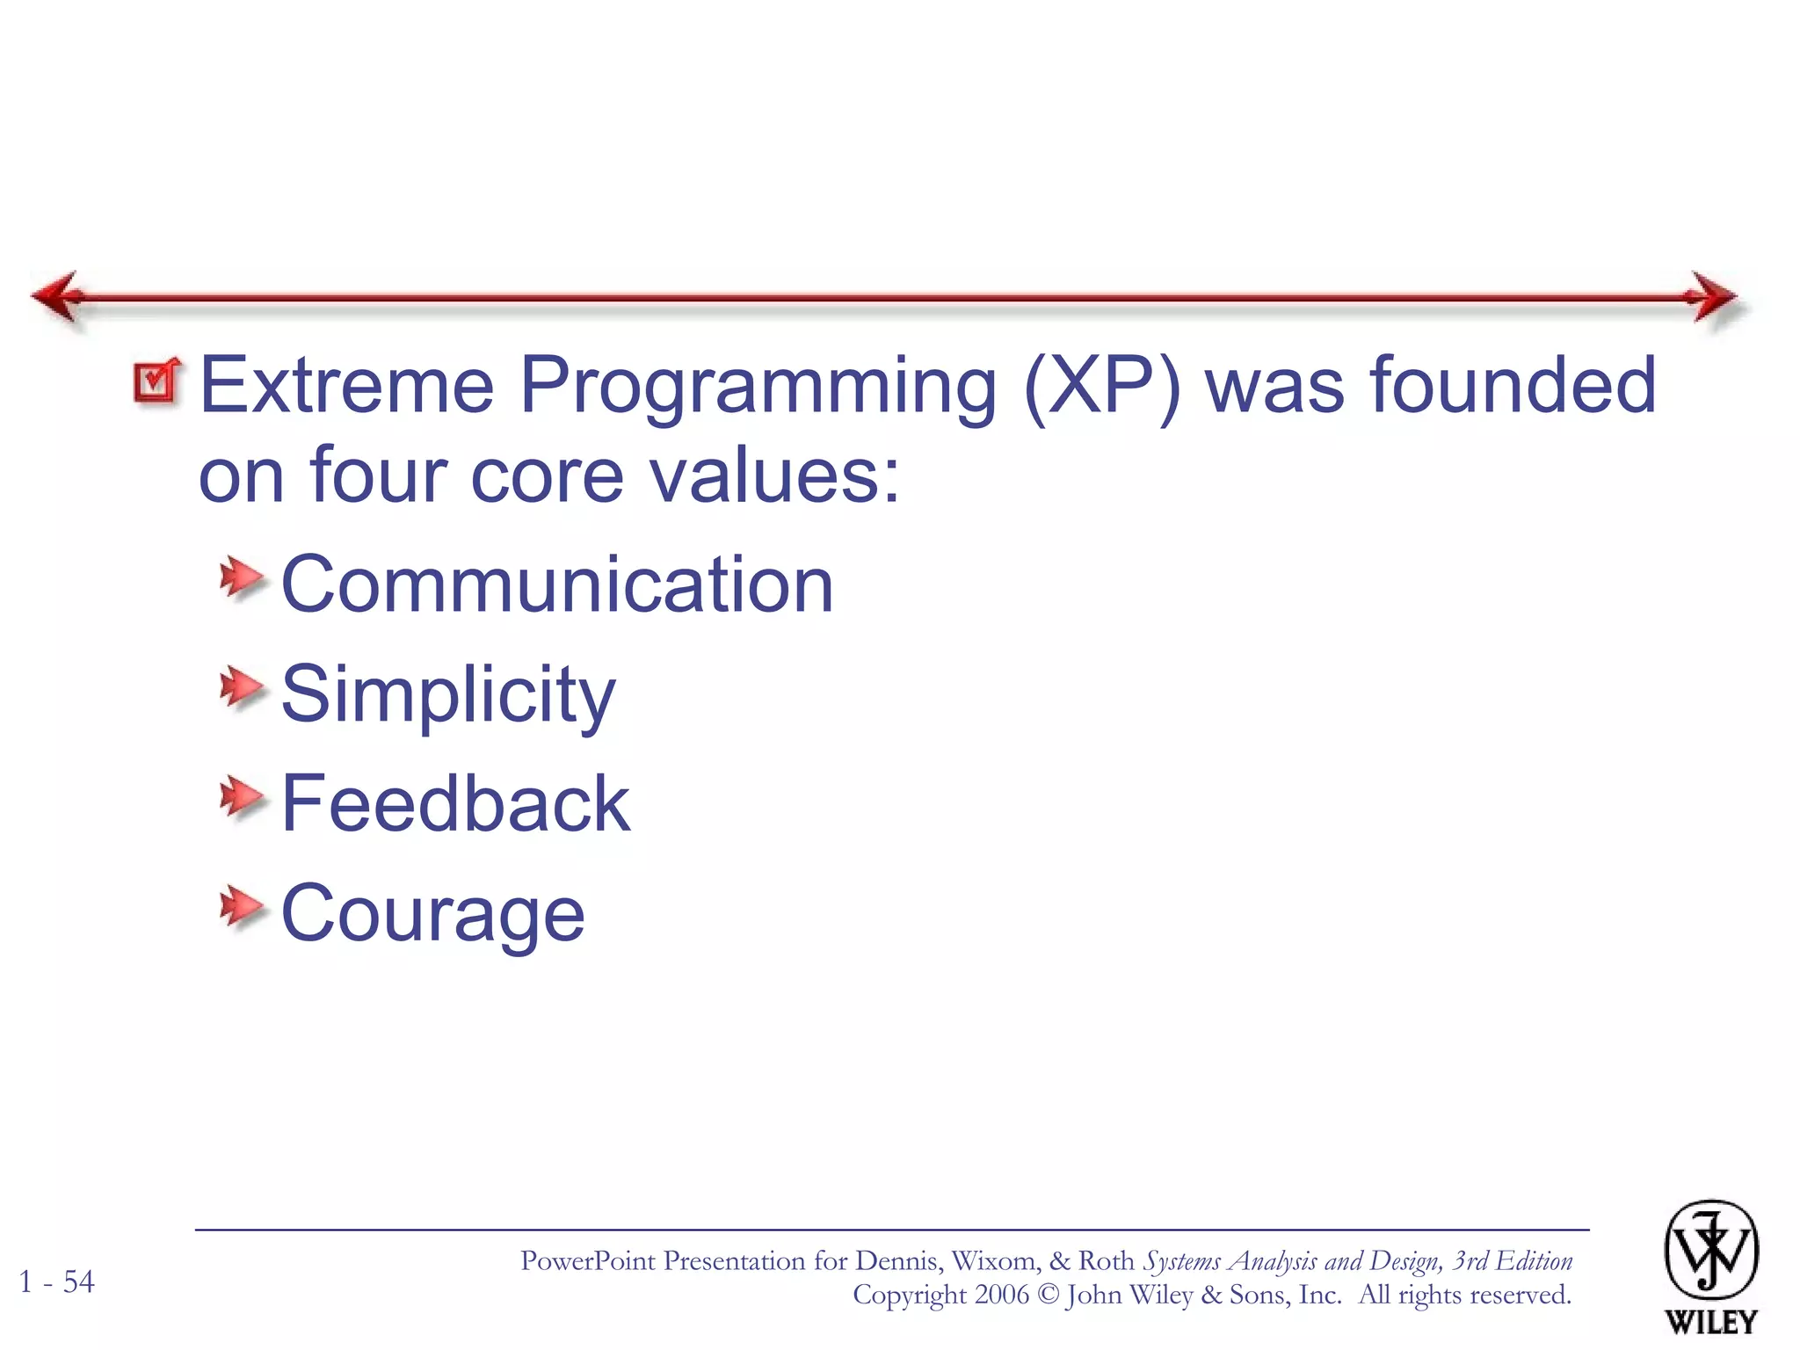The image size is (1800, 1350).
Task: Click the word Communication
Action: [x=556, y=585]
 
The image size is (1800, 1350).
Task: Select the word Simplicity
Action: [x=448, y=694]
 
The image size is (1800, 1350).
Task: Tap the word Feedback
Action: [x=455, y=803]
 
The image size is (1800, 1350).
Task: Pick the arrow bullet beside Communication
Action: [x=241, y=578]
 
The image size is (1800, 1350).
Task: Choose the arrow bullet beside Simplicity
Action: [x=241, y=687]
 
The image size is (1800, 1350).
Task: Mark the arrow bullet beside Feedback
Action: [x=241, y=797]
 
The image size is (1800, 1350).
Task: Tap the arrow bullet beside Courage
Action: [x=241, y=907]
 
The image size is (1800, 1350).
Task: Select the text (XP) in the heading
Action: [x=1102, y=387]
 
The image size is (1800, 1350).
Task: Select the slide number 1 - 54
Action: [x=57, y=1281]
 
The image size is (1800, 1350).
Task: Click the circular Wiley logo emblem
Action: [x=1710, y=1250]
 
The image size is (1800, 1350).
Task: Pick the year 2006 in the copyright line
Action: [x=1001, y=1295]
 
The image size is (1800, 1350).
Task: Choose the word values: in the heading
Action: [x=774, y=476]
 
